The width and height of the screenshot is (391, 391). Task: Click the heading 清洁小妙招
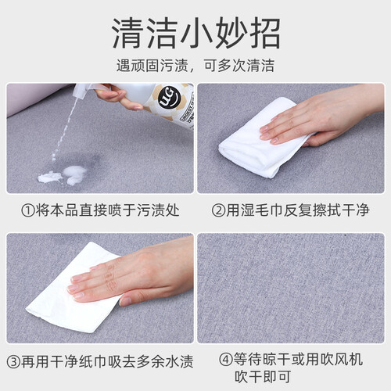pos(196,33)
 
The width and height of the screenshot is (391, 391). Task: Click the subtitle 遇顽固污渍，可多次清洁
pos(195,66)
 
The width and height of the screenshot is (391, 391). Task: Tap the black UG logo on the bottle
pos(167,98)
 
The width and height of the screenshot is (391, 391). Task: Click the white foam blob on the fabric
pos(63,175)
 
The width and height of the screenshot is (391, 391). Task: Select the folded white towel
pos(264,138)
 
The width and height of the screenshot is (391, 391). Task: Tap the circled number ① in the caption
pos(28,210)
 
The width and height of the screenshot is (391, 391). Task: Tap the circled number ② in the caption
pos(218,210)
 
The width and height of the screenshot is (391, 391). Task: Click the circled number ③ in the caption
pos(13,362)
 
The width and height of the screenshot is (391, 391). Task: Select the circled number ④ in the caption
pos(226,360)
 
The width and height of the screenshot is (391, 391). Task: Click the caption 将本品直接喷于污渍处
pos(107,210)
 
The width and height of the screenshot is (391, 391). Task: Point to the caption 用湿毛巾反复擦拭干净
pos(297,210)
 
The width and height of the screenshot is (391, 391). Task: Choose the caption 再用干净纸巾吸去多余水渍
pos(107,361)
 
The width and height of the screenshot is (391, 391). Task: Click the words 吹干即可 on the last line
pos(263,377)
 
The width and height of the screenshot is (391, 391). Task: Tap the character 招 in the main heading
pos(265,33)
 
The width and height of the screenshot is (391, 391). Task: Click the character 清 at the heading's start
pos(127,33)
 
